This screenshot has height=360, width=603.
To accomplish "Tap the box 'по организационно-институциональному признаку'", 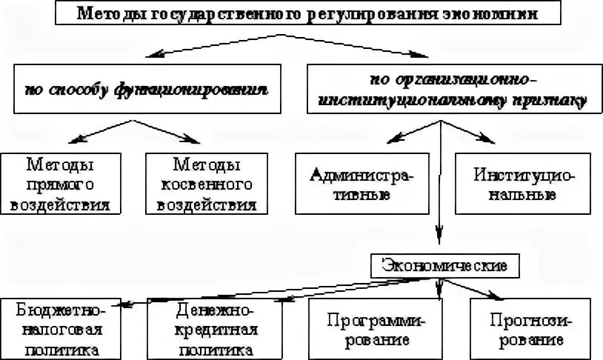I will [453, 89].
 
